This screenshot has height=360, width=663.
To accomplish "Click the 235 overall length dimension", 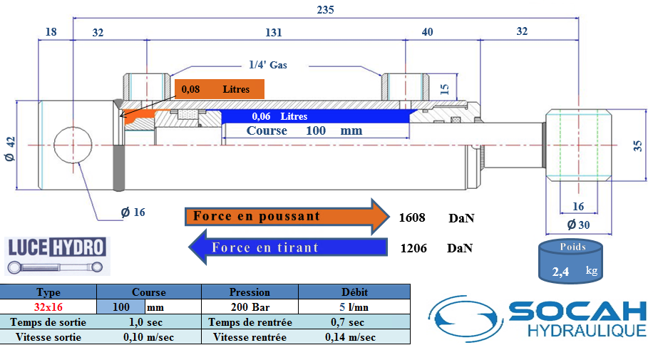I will (325, 10).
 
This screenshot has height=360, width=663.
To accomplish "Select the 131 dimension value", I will (274, 33).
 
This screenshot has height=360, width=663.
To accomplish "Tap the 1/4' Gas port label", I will (268, 65).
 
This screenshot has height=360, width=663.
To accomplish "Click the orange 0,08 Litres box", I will (220, 89).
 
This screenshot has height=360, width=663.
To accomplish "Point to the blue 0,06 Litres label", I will (279, 116).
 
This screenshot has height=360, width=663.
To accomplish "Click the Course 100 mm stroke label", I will (304, 131).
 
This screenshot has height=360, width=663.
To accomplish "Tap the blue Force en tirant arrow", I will (285, 247).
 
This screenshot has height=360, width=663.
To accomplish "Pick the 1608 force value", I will (413, 217).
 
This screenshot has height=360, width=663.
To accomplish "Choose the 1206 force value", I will (413, 248).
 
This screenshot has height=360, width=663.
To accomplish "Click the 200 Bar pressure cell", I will (250, 307).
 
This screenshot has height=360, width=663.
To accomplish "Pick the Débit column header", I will (354, 292).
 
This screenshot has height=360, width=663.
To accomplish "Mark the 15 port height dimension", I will (444, 89).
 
